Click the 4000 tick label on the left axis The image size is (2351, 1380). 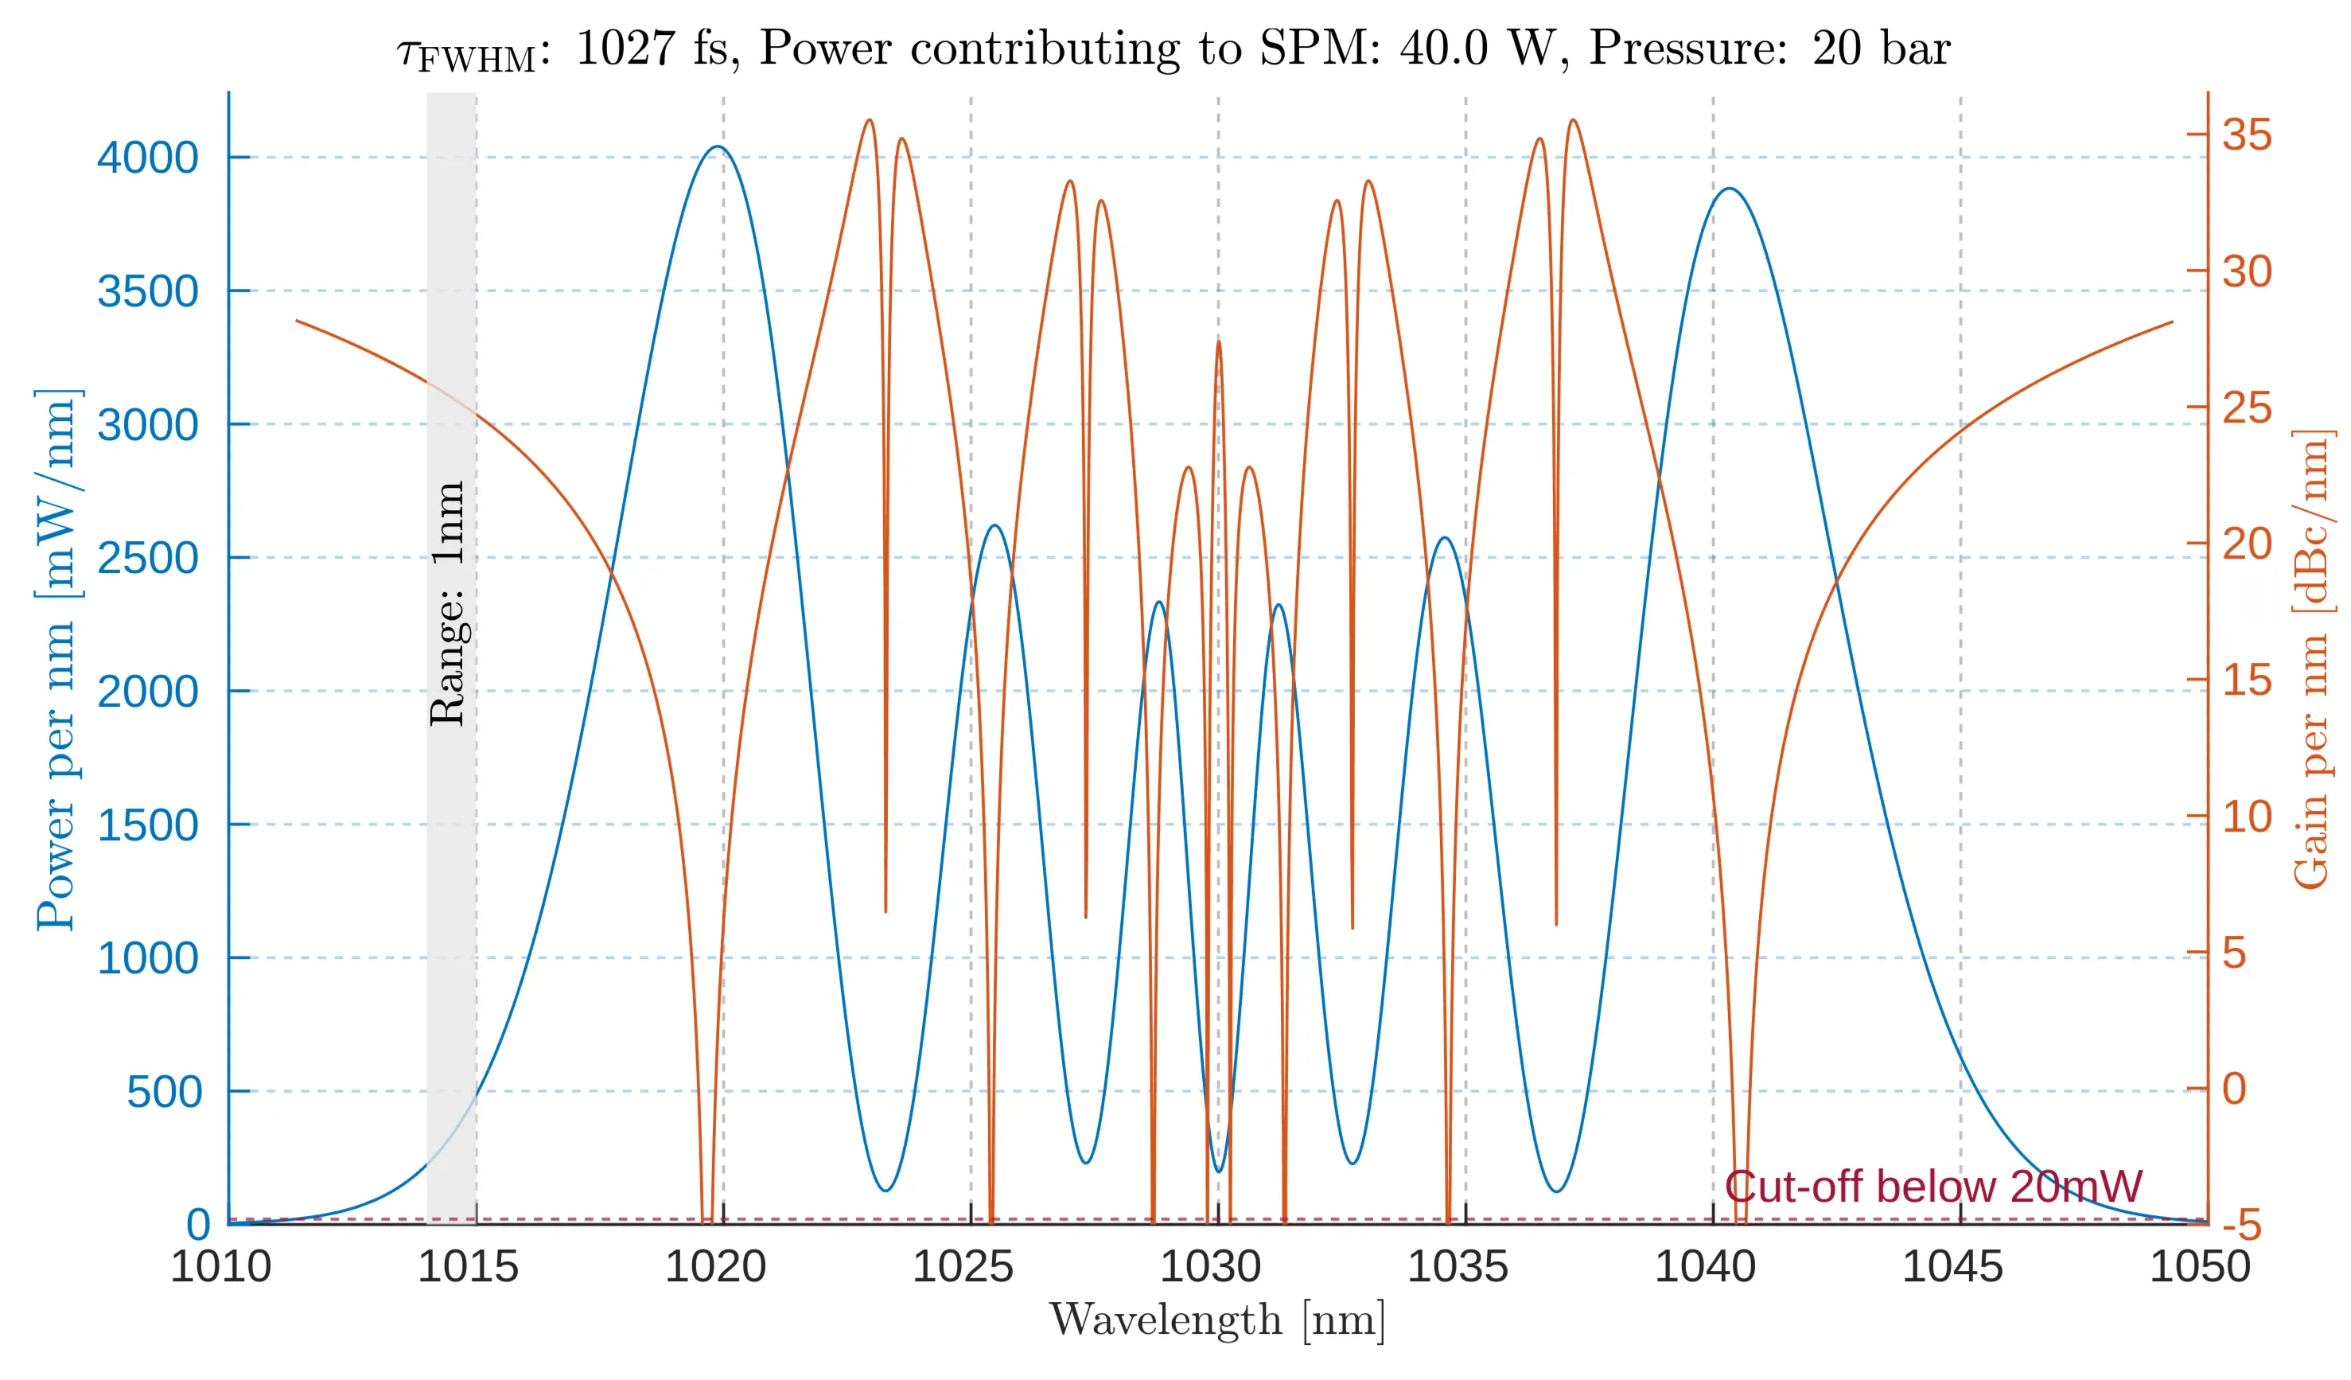pos(147,158)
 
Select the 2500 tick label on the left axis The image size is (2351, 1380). pos(147,558)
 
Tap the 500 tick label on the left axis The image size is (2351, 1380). pos(164,1092)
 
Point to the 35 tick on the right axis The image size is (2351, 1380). pos(2247,134)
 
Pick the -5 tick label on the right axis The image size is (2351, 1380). pos(2241,1225)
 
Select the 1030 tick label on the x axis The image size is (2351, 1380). pos(1210,1267)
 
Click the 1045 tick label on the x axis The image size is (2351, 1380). pos(1952,1267)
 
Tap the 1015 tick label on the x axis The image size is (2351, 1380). pos(467,1267)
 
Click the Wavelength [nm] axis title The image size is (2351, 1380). pos(1217,1320)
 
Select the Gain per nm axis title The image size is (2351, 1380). pos(2312,660)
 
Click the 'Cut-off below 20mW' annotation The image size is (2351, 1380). pos(1933,1187)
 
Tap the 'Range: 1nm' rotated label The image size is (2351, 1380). pos(449,604)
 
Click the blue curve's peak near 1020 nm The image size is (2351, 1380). pos(717,146)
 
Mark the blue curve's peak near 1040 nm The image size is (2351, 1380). pos(1730,189)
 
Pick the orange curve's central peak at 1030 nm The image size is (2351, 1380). pos(1218,341)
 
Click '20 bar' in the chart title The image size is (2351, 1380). pos(1880,48)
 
